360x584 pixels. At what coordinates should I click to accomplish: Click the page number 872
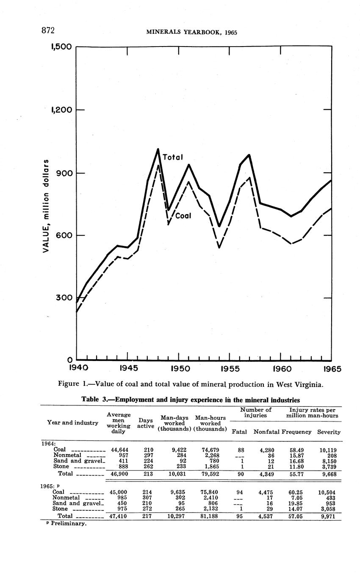[x=49, y=30]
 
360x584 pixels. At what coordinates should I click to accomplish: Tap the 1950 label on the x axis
[x=180, y=368]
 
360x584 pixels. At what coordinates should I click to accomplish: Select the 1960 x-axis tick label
[x=281, y=368]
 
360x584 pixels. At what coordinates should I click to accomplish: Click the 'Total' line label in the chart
[x=172, y=157]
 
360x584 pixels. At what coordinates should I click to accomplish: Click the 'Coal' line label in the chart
[x=183, y=216]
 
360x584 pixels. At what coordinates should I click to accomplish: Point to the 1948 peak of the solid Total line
[x=158, y=149]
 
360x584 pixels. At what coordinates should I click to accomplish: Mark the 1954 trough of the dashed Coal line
[x=219, y=247]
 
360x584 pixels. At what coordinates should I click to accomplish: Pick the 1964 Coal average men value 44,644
[x=119, y=449]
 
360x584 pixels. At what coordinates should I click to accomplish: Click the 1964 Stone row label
[x=62, y=467]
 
